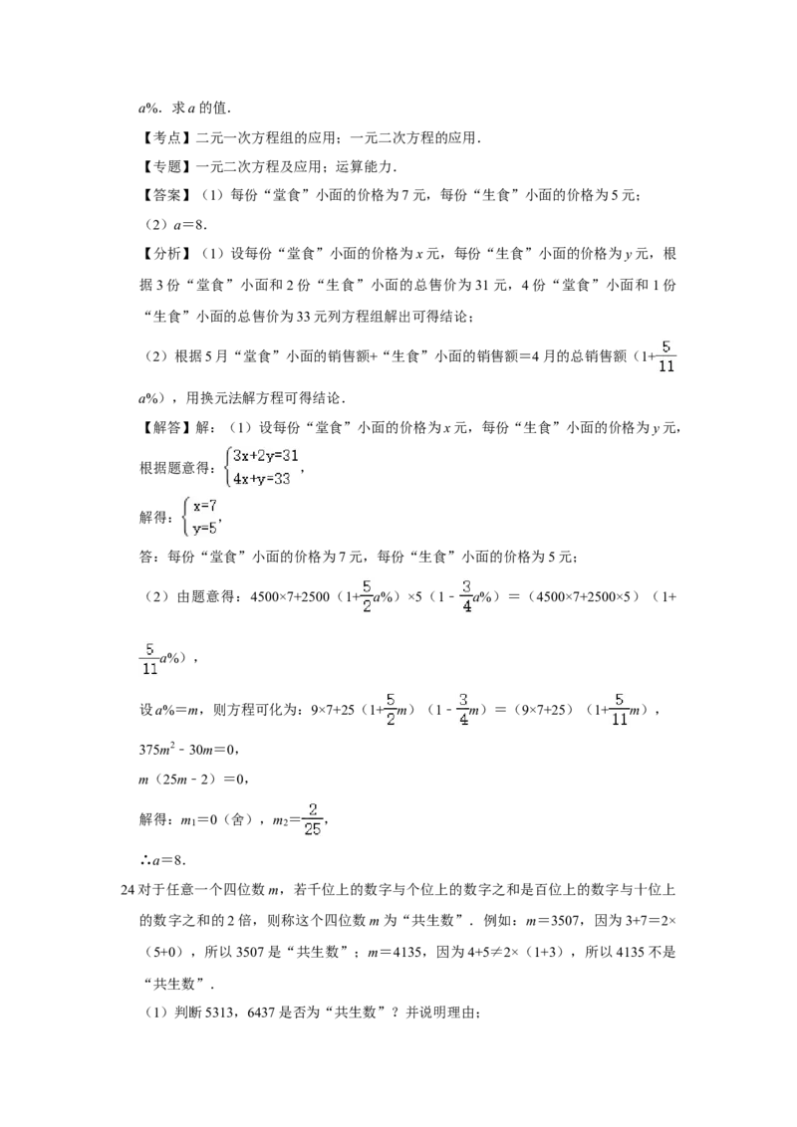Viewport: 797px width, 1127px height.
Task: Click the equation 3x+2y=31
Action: click(265, 456)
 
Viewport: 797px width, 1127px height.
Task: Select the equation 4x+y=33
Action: click(261, 479)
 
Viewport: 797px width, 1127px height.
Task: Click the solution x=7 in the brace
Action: click(204, 506)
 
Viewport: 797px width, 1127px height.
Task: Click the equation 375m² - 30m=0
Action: click(187, 750)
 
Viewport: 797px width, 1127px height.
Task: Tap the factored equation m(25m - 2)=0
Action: click(188, 780)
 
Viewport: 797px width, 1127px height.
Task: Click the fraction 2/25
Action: click(312, 819)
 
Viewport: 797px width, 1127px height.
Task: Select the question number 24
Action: click(128, 890)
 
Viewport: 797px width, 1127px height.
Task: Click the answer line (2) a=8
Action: click(173, 225)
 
